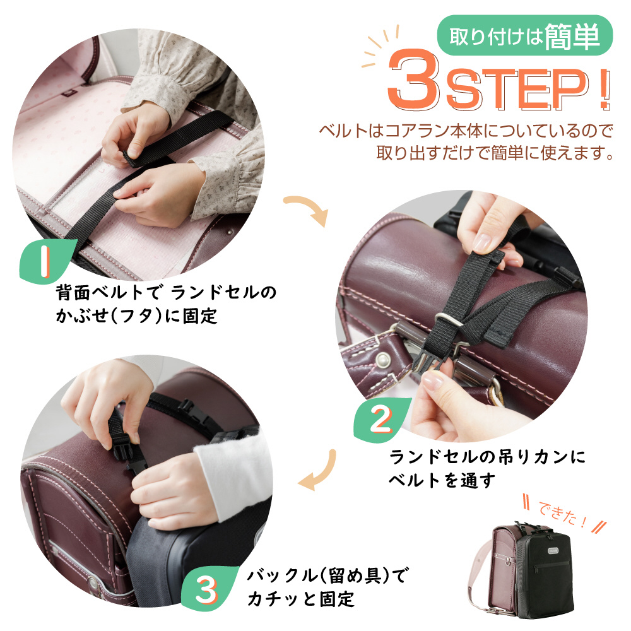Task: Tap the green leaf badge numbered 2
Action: pyautogui.click(x=380, y=420)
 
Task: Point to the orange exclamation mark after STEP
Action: pyautogui.click(x=604, y=90)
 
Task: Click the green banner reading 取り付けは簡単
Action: pyautogui.click(x=524, y=36)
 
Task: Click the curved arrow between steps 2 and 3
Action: pyautogui.click(x=320, y=471)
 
